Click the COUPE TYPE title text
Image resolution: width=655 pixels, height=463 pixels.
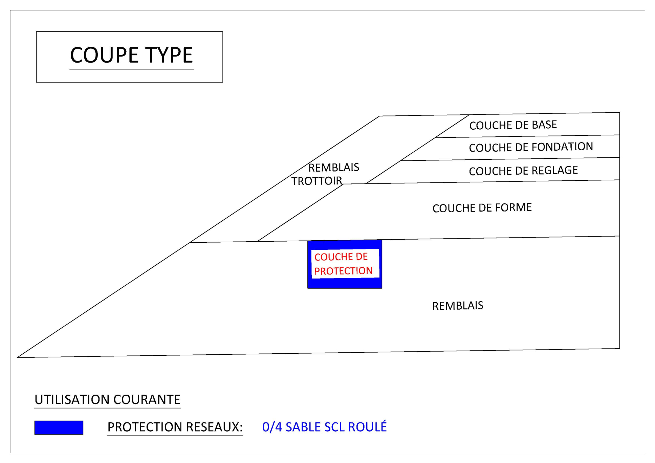click(131, 55)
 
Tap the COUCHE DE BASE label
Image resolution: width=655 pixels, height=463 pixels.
click(513, 125)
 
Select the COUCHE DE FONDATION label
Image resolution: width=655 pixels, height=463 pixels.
click(531, 147)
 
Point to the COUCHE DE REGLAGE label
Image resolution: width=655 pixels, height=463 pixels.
click(523, 171)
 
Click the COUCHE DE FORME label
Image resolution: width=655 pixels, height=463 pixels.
click(482, 207)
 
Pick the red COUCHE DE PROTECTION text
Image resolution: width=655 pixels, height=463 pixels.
click(343, 264)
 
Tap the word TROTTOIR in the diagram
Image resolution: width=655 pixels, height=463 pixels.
click(317, 181)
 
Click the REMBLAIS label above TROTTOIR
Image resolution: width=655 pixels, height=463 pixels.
click(333, 167)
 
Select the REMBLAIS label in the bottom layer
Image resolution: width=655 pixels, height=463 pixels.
click(458, 306)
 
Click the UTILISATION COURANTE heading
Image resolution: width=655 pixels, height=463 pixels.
click(107, 399)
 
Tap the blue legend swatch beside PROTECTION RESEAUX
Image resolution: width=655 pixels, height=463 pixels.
click(59, 427)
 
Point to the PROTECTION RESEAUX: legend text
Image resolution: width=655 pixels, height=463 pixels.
click(175, 427)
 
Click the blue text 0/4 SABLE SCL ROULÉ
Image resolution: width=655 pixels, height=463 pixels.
click(324, 426)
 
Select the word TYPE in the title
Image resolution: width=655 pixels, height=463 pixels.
click(169, 55)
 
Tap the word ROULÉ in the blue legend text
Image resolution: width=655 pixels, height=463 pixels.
click(367, 426)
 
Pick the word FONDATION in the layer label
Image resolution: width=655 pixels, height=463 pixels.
click(562, 147)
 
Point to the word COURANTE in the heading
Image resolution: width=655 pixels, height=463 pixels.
click(147, 399)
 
